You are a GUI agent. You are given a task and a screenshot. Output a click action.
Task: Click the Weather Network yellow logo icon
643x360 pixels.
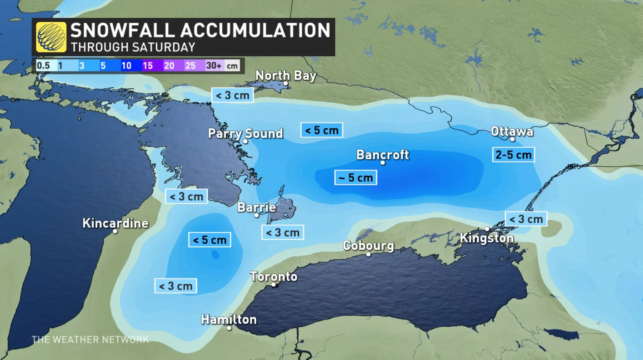pyautogui.click(x=51, y=37)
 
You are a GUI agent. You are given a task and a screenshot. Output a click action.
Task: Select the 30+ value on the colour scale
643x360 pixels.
pyautogui.click(x=214, y=66)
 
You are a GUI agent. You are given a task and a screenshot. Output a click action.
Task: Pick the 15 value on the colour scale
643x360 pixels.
pyautogui.click(x=148, y=66)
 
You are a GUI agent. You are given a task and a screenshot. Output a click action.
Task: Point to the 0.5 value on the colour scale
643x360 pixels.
pyautogui.click(x=43, y=66)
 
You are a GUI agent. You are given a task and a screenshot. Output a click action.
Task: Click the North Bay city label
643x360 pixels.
pyautogui.click(x=286, y=76)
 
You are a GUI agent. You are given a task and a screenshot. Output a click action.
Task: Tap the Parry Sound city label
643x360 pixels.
pyautogui.click(x=245, y=133)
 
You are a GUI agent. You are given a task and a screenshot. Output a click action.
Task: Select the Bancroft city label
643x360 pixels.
pyautogui.click(x=383, y=155)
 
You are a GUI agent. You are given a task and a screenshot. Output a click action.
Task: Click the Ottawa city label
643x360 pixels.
pyautogui.click(x=512, y=132)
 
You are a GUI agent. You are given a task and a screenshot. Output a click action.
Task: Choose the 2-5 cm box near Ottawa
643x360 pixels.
pyautogui.click(x=513, y=155)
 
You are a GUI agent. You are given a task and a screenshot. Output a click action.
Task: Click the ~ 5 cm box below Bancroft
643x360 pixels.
pyautogui.click(x=356, y=177)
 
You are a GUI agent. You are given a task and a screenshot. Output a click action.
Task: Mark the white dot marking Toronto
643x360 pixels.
pyautogui.click(x=274, y=285)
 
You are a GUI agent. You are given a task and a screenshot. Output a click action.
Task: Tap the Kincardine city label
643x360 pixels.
pyautogui.click(x=115, y=223)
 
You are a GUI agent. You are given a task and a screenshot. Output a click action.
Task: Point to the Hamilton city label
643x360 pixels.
pyautogui.click(x=229, y=320)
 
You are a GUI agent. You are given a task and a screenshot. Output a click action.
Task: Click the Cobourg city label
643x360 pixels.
pyautogui.click(x=368, y=246)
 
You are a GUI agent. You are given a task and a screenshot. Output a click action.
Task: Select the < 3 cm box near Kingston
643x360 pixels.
pyautogui.click(x=526, y=219)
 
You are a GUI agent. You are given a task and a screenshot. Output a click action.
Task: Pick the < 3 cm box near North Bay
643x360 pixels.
pyautogui.click(x=232, y=95)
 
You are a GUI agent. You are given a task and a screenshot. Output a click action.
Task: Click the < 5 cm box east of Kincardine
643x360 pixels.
pyautogui.click(x=210, y=240)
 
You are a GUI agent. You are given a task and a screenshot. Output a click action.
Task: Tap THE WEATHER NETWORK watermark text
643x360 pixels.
pyautogui.click(x=90, y=339)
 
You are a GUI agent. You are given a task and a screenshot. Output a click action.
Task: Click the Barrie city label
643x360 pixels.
pyautogui.click(x=257, y=207)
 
